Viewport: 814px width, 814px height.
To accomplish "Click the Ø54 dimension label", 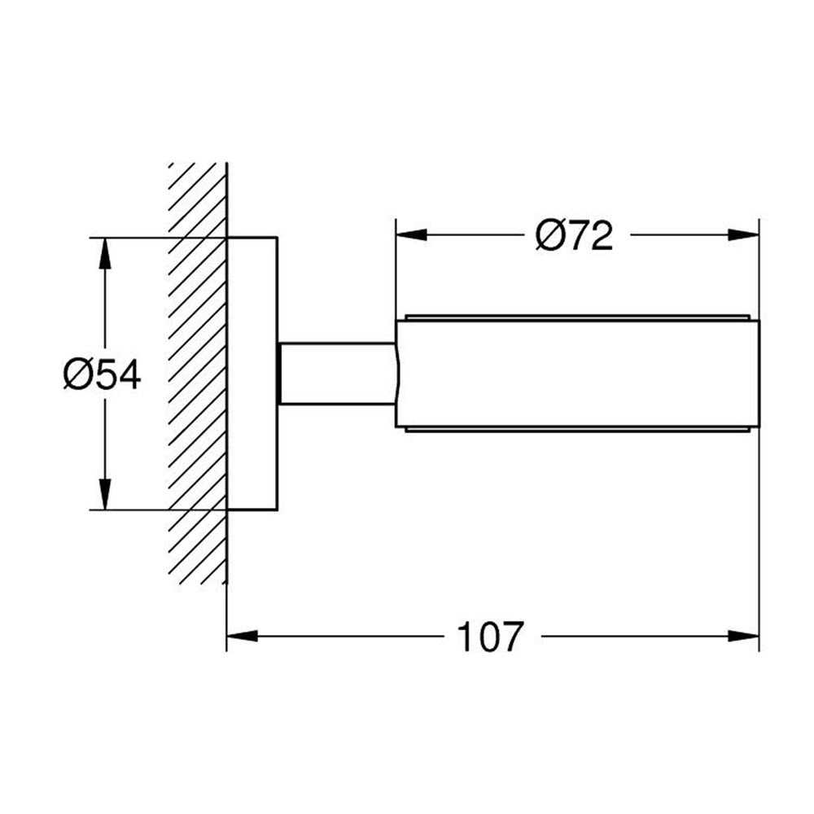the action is [x=102, y=374].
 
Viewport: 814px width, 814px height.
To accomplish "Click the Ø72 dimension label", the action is [x=574, y=236].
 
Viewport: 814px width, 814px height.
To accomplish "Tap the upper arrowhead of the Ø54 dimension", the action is [x=105, y=253].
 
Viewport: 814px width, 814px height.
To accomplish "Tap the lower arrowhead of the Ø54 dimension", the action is [x=105, y=494].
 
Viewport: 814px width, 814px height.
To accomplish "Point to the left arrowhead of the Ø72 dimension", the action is [x=412, y=234].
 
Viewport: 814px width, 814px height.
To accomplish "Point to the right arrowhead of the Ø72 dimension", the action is [x=743, y=234].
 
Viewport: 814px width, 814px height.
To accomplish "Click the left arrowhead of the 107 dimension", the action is [x=243, y=636].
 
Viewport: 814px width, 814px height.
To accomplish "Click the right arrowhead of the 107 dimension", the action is [x=743, y=636].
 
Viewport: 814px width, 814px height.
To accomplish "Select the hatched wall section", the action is [x=198, y=374].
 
